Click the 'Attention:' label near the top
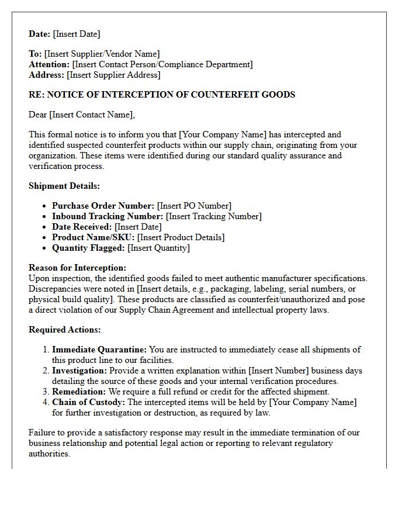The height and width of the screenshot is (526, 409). [49, 64]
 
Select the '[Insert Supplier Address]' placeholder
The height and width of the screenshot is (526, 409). [113, 75]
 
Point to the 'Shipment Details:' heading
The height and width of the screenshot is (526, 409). [64, 186]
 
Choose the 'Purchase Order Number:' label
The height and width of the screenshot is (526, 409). [103, 206]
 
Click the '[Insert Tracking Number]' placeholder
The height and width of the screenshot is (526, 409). [214, 216]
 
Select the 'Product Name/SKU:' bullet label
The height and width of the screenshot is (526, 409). [93, 237]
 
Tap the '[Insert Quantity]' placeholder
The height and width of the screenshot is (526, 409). [158, 248]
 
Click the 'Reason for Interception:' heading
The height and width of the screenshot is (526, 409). [77, 268]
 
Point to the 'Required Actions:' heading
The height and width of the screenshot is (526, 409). [64, 330]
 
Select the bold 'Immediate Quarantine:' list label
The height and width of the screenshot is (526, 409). [99, 349]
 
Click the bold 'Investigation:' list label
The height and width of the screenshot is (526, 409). [79, 371]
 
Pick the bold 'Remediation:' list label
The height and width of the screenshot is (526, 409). [79, 392]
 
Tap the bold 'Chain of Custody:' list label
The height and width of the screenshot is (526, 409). [88, 402]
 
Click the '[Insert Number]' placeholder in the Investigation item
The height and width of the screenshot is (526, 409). [278, 371]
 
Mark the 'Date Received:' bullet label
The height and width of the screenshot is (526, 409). [82, 227]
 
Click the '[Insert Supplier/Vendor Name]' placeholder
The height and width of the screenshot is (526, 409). [102, 54]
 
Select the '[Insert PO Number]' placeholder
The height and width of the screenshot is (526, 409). [194, 206]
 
